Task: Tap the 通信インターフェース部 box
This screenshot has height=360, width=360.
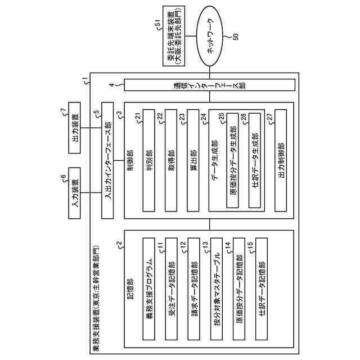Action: [209, 85]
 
